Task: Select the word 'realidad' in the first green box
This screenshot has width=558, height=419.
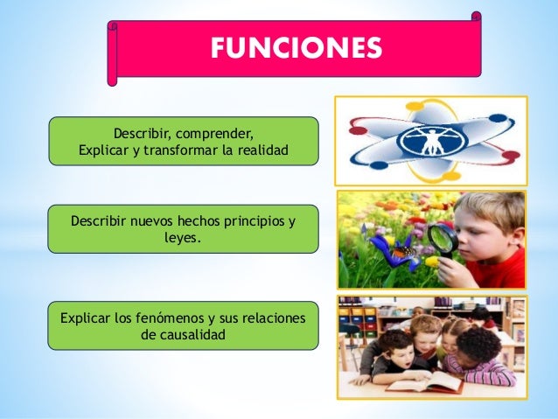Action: pyautogui.click(x=259, y=150)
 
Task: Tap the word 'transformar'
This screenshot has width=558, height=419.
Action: pyautogui.click(x=178, y=150)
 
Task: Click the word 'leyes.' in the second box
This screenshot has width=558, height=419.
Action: pyautogui.click(x=183, y=236)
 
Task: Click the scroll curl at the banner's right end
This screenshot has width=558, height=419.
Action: pyautogui.click(x=476, y=17)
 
